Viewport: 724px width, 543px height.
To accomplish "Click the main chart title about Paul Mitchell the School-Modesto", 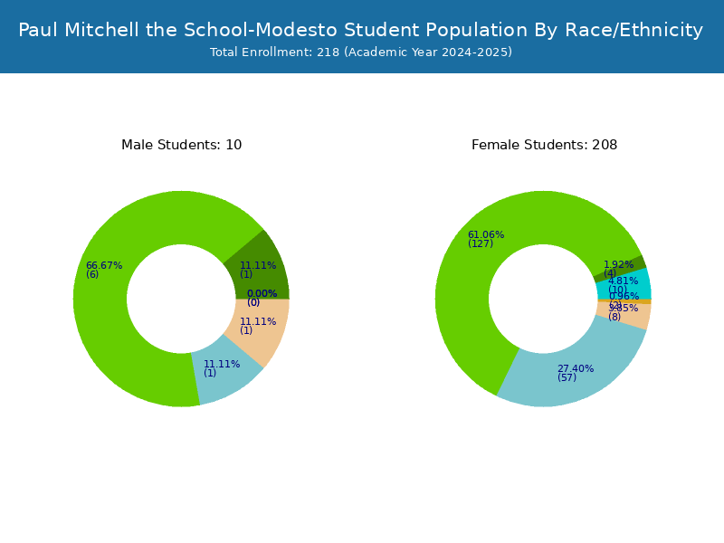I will pos(360,30).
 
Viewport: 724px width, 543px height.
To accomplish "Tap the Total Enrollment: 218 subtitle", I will pos(360,52).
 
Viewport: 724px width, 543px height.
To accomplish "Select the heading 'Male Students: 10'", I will pos(181,145).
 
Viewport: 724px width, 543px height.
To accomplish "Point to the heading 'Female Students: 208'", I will pos(544,145).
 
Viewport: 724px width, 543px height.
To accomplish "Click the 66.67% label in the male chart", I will pos(104,266).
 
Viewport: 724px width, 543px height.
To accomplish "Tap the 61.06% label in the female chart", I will pos(486,235).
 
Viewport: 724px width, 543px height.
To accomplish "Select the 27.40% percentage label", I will pos(576,369).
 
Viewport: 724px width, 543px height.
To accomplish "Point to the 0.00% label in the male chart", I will pos(262,294).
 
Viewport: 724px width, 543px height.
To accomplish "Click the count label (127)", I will pos(481,244).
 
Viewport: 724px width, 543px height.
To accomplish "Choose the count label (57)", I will pos(567,378).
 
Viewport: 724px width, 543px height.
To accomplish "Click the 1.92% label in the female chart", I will pos(619,265).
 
